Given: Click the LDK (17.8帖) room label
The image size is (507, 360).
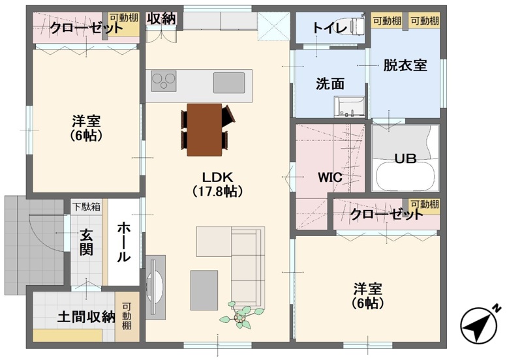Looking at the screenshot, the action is [217, 184].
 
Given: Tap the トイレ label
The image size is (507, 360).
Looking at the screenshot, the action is [330, 28].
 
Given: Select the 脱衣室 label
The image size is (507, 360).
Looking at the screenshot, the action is [405, 65].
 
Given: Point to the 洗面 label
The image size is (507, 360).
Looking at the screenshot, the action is [330, 83].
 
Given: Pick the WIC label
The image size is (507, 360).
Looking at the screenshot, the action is [330, 177].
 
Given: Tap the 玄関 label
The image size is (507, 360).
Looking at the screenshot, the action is [86, 242].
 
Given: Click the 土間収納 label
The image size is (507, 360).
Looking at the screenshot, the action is [86, 317].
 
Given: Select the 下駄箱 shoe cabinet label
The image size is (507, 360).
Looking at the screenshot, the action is [86, 207].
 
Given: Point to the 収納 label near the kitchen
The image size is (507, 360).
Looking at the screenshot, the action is [161, 19].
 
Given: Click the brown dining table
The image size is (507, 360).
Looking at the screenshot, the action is [204, 130].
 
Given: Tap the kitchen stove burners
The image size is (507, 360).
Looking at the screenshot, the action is [164, 81].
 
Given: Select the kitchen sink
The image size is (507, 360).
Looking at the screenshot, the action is [229, 83].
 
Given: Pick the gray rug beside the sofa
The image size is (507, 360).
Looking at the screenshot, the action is [204, 290].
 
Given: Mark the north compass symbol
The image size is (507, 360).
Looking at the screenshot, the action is [480, 325].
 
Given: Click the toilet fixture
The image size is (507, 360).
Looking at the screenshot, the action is [355, 25].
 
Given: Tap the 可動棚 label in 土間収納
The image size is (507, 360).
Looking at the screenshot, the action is [127, 316].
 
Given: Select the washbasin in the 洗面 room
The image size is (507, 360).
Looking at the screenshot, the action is [349, 107].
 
